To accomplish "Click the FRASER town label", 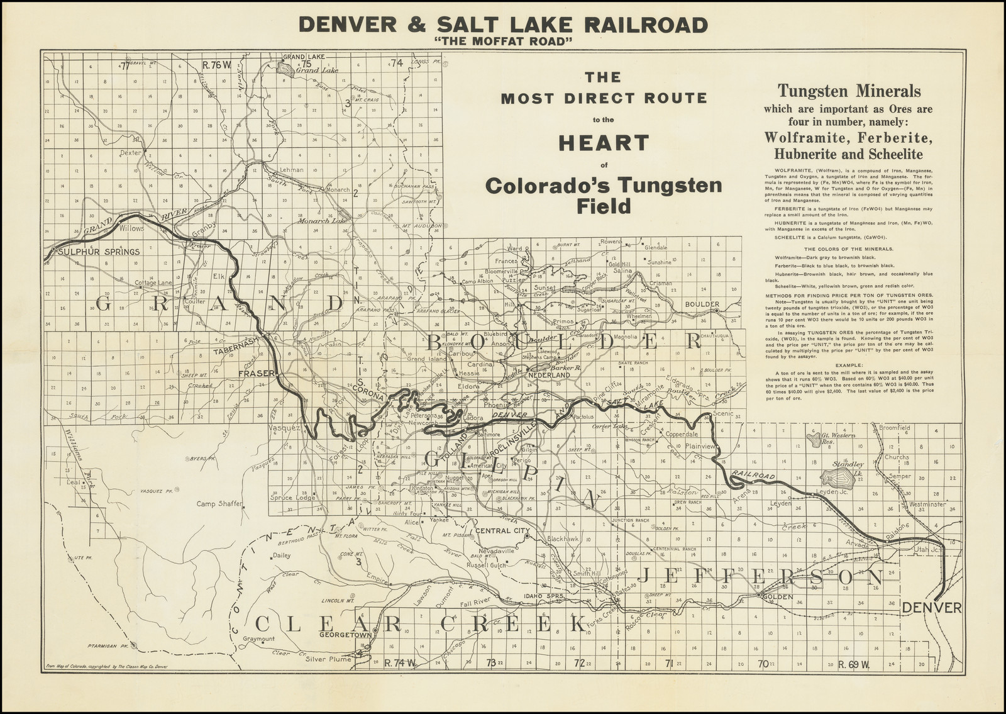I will (x=257, y=373).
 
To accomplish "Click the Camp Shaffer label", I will (x=218, y=504).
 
